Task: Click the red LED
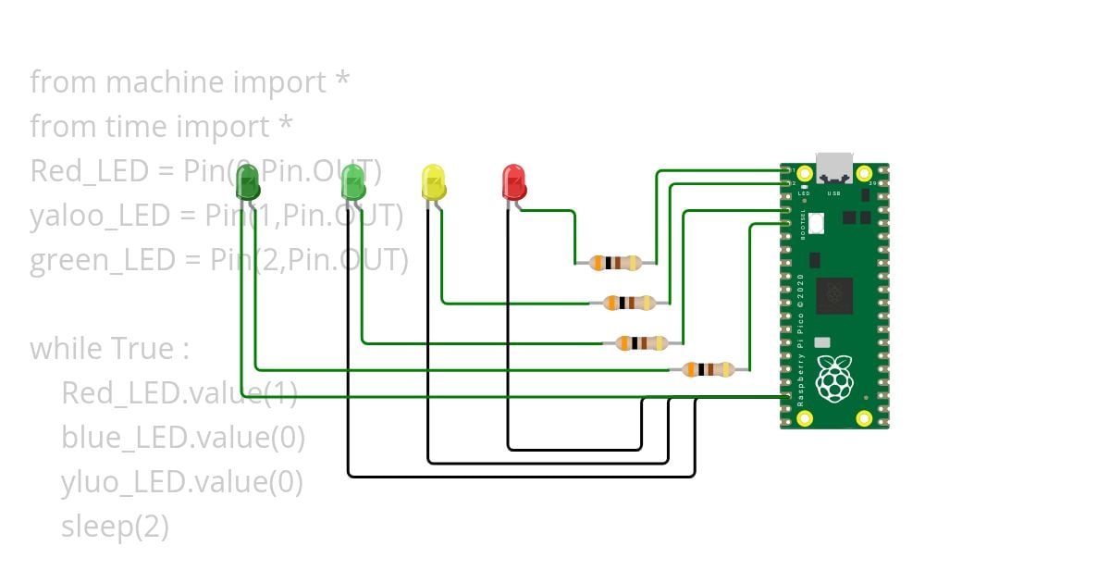pos(512,181)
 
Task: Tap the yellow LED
pos(433,182)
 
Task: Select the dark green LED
pos(248,182)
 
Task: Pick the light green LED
pos(353,181)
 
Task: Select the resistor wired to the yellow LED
pos(629,303)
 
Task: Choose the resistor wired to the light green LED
pos(642,343)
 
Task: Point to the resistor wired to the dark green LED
pos(708,370)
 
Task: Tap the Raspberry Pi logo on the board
pos(834,378)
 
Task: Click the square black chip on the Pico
pos(838,295)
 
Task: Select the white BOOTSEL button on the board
pos(817,223)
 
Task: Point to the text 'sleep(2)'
pos(116,527)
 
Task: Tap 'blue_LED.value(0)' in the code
pos(183,438)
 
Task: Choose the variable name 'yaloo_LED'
pos(100,216)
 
